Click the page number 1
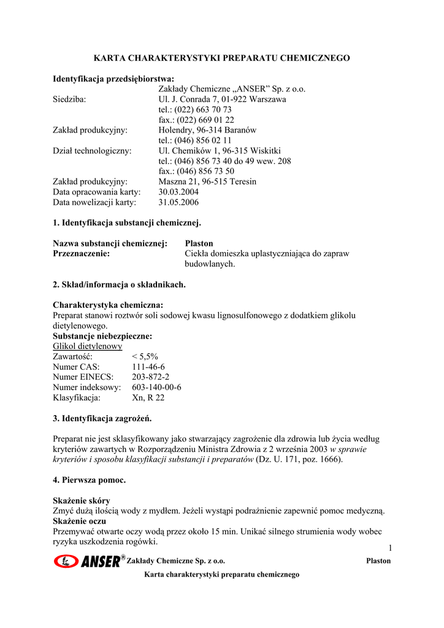point(389,548)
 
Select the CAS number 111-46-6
point(148,367)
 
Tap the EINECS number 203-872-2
point(151,377)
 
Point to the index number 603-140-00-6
point(156,388)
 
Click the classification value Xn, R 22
point(148,398)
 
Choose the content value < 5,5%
point(145,356)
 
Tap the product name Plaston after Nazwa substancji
point(199,243)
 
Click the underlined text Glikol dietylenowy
point(88,346)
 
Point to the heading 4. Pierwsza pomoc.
point(90,480)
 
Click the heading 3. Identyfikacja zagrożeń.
point(102,418)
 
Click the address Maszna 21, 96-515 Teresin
point(207,182)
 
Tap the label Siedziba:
point(69,99)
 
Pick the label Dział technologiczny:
point(92,150)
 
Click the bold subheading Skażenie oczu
point(82,521)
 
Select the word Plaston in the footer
point(378,561)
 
